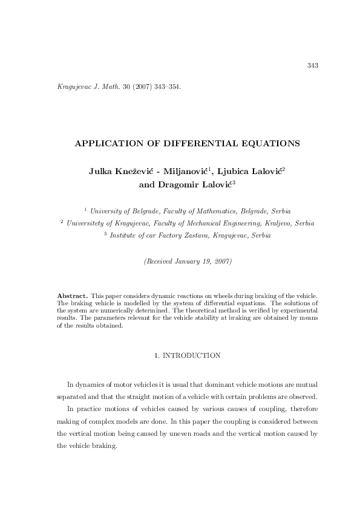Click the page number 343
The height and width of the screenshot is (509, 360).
(x=313, y=65)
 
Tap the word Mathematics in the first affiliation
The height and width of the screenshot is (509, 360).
(x=214, y=211)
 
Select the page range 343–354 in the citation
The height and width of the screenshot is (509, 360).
(x=166, y=86)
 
